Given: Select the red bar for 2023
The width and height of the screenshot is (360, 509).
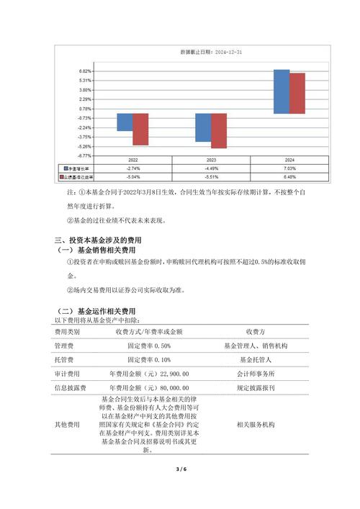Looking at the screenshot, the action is click(x=219, y=130).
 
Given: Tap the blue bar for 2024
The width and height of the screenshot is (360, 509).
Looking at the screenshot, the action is click(x=282, y=91).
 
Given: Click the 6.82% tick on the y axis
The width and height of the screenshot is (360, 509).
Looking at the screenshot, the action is click(x=85, y=71).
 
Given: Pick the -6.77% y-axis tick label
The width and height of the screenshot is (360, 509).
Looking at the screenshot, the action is click(x=84, y=156).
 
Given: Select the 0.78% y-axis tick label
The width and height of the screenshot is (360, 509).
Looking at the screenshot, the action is click(x=85, y=109).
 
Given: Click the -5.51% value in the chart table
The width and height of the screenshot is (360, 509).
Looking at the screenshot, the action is click(x=212, y=176).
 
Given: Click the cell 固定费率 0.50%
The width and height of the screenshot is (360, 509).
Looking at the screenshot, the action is click(x=149, y=346).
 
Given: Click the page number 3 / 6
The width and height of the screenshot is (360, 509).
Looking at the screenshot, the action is click(x=181, y=469).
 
